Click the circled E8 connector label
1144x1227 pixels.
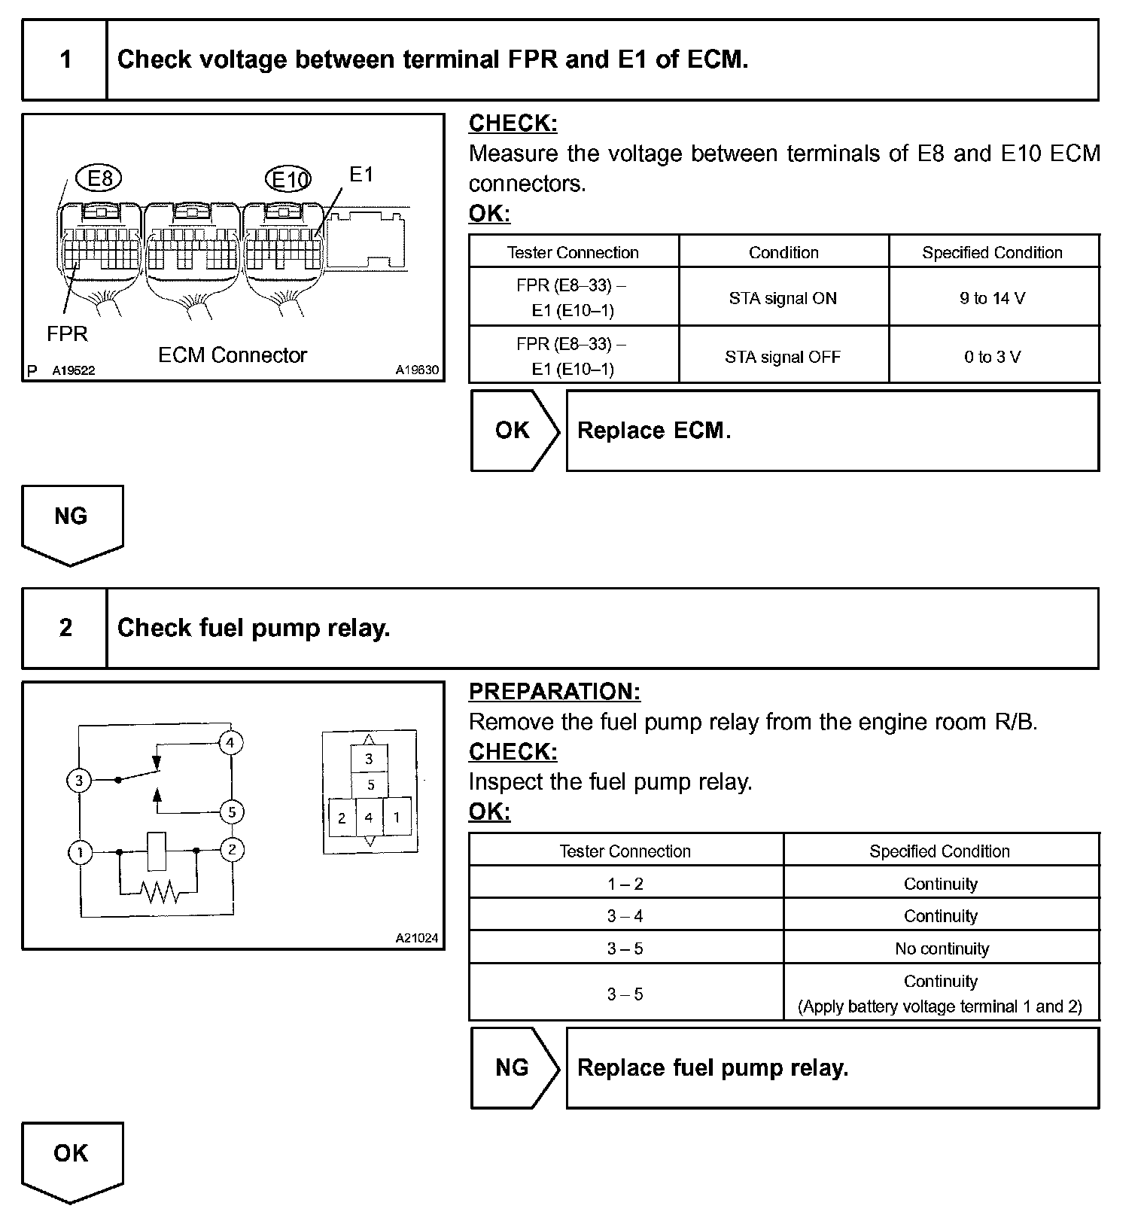(x=99, y=178)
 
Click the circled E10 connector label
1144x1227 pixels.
(x=288, y=179)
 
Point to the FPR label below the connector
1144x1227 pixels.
(x=67, y=333)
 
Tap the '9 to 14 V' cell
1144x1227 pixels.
(x=993, y=298)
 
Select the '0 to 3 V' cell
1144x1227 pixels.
(x=993, y=357)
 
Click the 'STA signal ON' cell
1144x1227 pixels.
(x=783, y=298)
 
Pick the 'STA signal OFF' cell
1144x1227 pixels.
(x=783, y=357)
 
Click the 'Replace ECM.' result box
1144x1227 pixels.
(x=832, y=431)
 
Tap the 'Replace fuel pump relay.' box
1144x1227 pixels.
(x=832, y=1067)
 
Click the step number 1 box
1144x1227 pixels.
(x=65, y=59)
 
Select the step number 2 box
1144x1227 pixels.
(x=65, y=628)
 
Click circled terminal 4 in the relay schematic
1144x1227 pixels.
(x=230, y=743)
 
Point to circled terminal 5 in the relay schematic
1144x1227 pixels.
(x=232, y=811)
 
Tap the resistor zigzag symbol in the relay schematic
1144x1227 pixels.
(x=160, y=891)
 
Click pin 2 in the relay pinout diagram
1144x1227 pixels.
(x=342, y=818)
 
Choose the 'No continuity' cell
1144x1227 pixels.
(x=942, y=948)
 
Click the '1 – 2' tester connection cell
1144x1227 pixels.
(x=625, y=884)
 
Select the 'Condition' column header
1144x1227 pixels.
(x=783, y=252)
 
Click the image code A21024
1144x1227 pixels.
(x=417, y=938)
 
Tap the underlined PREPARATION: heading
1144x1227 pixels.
(x=555, y=692)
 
